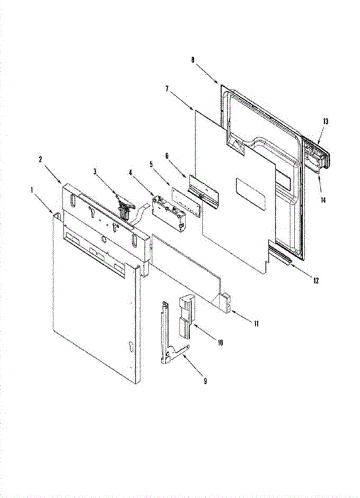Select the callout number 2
click(41, 159)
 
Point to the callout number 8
click(192, 60)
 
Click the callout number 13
click(325, 121)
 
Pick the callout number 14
click(323, 200)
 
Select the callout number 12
click(316, 281)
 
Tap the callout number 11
click(256, 323)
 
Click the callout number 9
click(205, 381)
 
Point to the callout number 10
click(220, 343)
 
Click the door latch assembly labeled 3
click(124, 206)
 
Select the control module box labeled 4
click(168, 212)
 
